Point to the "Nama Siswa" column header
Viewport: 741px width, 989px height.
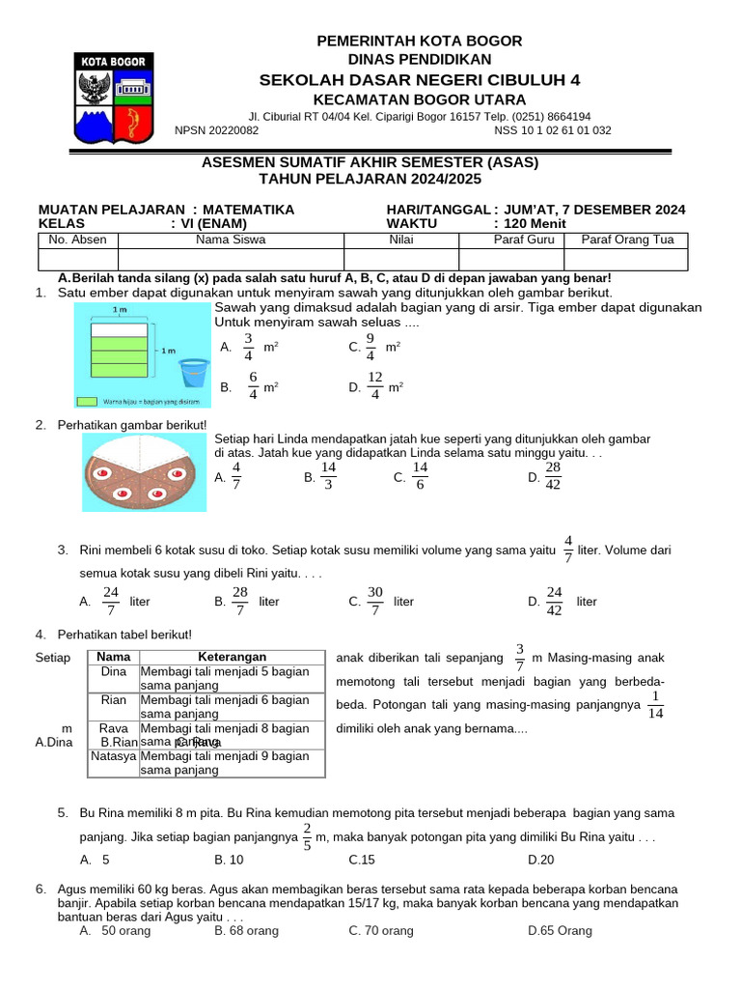(x=231, y=240)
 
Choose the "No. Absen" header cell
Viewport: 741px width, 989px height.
(x=78, y=240)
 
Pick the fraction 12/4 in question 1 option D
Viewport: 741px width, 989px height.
(x=375, y=384)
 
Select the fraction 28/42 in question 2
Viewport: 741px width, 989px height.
(x=553, y=475)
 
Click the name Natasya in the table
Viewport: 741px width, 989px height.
(x=114, y=756)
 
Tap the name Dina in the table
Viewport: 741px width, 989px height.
(x=114, y=670)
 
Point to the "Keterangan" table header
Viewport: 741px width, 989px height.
(x=232, y=657)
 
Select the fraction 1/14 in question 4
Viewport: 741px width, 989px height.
(x=655, y=704)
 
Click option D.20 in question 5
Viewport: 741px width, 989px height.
(x=541, y=859)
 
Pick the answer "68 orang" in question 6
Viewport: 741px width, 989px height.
(x=254, y=930)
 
